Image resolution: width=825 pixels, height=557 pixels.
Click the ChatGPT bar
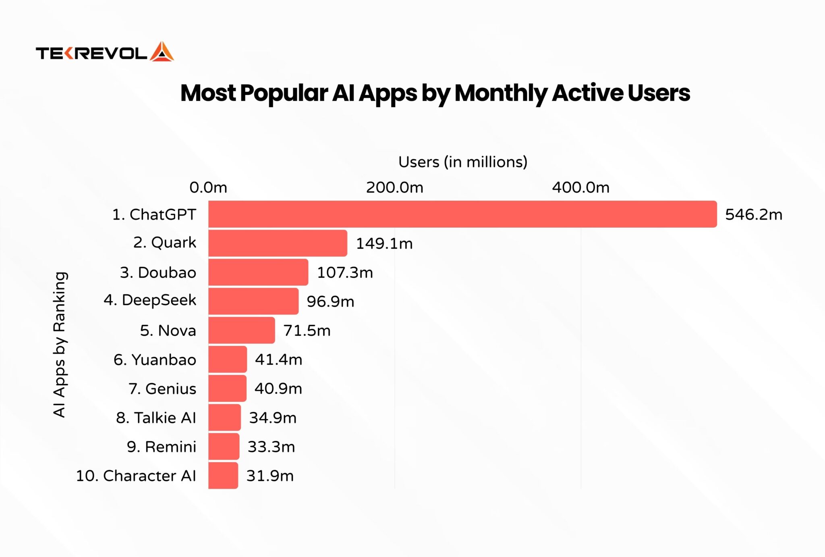(x=462, y=214)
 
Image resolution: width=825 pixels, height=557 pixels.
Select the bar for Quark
(x=278, y=243)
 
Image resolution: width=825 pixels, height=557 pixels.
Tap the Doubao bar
(x=258, y=272)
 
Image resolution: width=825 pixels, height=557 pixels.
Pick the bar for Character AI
(x=223, y=476)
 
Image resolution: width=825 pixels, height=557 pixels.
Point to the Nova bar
(x=242, y=330)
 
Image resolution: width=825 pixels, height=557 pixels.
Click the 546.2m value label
(x=754, y=214)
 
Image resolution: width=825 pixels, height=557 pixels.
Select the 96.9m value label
(x=330, y=301)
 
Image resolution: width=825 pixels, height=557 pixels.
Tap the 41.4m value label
(x=278, y=360)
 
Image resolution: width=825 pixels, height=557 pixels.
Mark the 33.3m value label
(x=271, y=447)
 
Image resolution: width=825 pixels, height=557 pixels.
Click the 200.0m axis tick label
(x=394, y=187)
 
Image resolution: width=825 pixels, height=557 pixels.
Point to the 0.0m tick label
(x=208, y=187)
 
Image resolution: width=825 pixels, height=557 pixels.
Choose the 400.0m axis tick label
(x=580, y=187)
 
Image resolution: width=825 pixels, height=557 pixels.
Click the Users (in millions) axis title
(x=462, y=162)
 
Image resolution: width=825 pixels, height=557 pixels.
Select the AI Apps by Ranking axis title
(x=60, y=345)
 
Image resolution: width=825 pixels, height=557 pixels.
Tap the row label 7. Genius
(x=162, y=389)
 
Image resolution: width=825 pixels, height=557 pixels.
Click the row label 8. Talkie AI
(x=156, y=418)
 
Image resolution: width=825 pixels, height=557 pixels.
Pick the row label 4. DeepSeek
(x=150, y=300)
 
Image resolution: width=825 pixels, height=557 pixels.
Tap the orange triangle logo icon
(x=162, y=52)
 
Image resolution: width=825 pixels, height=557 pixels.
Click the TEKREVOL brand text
(x=92, y=53)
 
